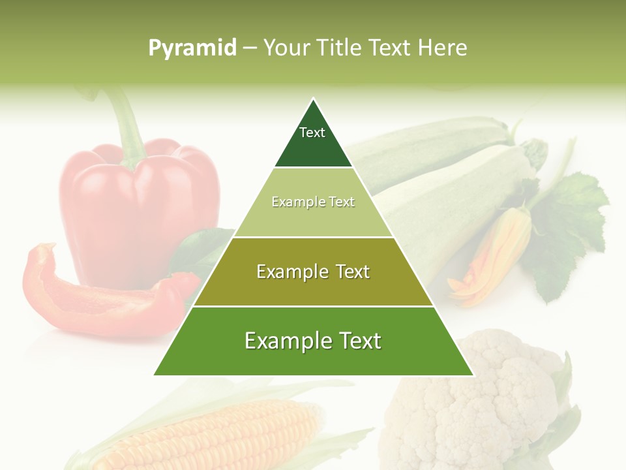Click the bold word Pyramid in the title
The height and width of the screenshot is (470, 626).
(x=192, y=48)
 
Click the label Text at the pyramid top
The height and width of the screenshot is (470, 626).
(x=312, y=133)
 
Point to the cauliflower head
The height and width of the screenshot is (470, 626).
(x=483, y=398)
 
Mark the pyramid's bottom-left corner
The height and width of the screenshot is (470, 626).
(x=155, y=375)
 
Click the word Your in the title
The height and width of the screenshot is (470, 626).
(x=286, y=48)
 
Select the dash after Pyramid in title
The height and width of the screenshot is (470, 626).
(x=250, y=48)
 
